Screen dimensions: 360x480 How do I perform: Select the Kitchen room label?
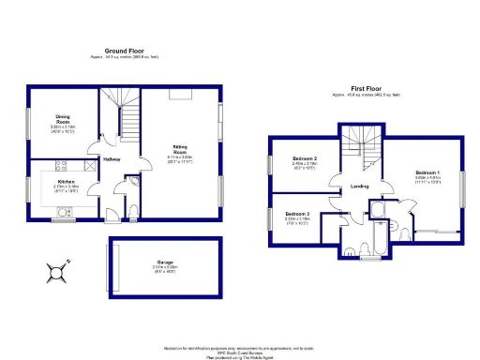[x=67, y=180]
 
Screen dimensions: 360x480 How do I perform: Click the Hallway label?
[x=112, y=160]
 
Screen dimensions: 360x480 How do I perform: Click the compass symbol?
[x=58, y=273]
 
